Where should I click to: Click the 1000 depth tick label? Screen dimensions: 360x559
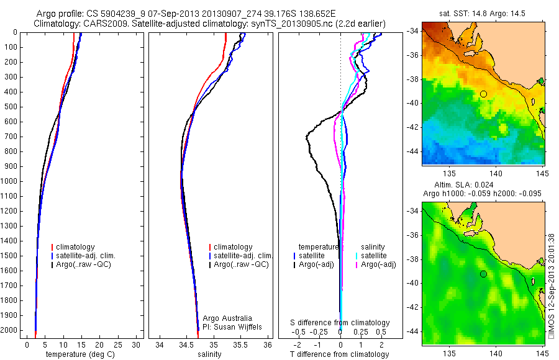point(11,181)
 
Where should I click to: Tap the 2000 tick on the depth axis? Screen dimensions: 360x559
point(11,331)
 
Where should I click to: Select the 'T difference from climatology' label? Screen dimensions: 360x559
point(340,354)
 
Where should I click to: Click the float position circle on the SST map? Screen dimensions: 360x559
point(483,94)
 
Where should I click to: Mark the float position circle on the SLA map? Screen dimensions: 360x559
point(483,274)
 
